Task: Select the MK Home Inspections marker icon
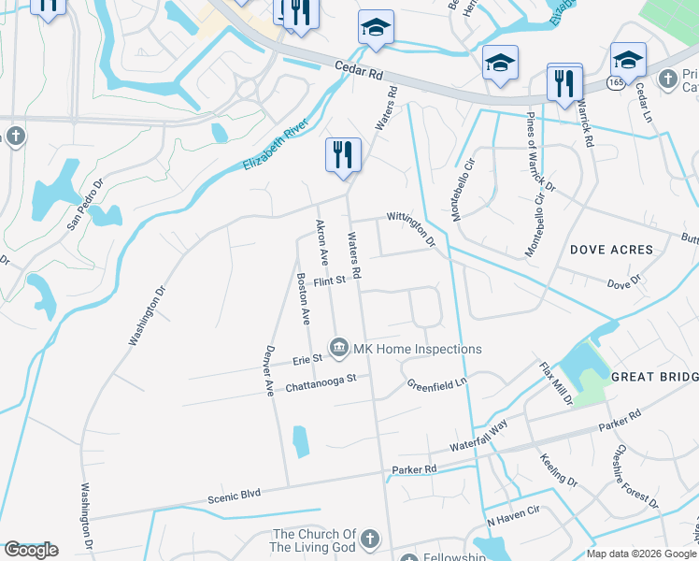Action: [x=339, y=349]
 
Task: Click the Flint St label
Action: [x=330, y=280]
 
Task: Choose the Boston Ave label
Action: [x=302, y=298]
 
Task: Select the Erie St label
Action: [x=307, y=358]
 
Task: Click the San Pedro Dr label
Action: [x=83, y=209]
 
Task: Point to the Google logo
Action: [x=32, y=549]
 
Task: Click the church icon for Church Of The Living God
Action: [x=370, y=539]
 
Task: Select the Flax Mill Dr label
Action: [x=556, y=383]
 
